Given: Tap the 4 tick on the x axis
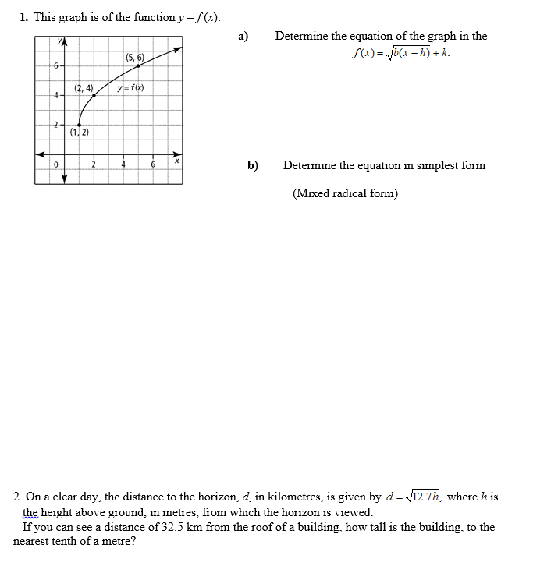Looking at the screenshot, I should (123, 164).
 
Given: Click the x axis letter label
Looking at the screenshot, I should (177, 161).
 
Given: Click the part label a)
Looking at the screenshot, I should (243, 36).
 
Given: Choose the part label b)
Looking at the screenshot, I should (253, 165).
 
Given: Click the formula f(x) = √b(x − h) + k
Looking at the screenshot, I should (400, 53).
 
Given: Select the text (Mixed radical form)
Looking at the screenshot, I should (345, 193).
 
